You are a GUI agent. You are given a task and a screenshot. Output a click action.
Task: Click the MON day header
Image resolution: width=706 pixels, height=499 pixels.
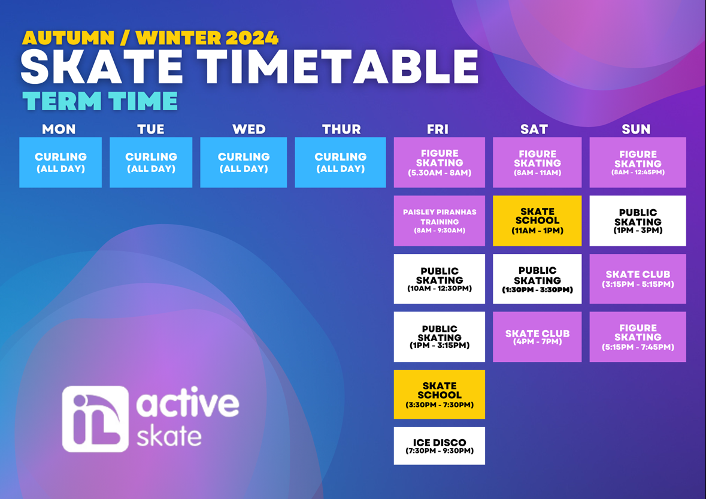(59, 129)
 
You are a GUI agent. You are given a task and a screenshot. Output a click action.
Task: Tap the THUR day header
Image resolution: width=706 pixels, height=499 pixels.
(341, 129)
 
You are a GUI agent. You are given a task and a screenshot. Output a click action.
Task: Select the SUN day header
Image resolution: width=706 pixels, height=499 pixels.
(636, 129)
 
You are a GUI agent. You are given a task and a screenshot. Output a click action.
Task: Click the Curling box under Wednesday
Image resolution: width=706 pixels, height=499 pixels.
(244, 162)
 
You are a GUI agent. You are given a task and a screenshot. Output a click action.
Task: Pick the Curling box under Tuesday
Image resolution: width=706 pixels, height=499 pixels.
(151, 162)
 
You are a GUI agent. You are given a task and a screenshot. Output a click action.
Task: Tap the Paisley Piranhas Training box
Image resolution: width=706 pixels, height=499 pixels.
(440, 220)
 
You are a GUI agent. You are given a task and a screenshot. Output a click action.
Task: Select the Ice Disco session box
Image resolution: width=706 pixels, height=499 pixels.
(440, 446)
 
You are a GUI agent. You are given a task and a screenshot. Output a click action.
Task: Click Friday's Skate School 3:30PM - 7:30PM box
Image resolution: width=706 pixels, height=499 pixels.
(440, 395)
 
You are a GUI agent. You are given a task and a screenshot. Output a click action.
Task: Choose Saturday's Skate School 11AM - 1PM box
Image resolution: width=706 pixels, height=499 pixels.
(537, 220)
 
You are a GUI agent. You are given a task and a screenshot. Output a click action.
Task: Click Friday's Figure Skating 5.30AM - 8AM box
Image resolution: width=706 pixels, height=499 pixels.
(440, 162)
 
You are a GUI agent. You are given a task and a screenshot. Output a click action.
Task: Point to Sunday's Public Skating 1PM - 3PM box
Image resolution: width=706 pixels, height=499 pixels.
(638, 220)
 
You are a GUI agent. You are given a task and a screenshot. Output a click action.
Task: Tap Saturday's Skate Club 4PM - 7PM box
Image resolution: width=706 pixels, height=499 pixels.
(537, 337)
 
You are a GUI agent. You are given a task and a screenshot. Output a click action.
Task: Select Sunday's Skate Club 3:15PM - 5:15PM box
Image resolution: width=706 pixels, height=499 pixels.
(638, 279)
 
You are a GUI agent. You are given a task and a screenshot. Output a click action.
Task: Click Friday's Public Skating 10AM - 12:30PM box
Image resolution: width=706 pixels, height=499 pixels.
(440, 279)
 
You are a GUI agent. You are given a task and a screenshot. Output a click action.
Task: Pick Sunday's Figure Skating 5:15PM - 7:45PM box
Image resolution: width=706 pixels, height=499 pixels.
(638, 337)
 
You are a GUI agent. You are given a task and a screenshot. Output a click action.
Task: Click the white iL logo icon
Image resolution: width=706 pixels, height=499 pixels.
(95, 419)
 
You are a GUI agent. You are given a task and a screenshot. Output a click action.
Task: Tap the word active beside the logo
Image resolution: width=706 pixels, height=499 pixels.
(187, 402)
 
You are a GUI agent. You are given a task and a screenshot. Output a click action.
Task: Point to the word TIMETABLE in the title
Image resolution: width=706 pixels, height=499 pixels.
(337, 66)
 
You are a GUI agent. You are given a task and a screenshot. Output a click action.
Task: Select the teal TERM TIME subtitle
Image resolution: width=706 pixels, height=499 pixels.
(100, 101)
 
